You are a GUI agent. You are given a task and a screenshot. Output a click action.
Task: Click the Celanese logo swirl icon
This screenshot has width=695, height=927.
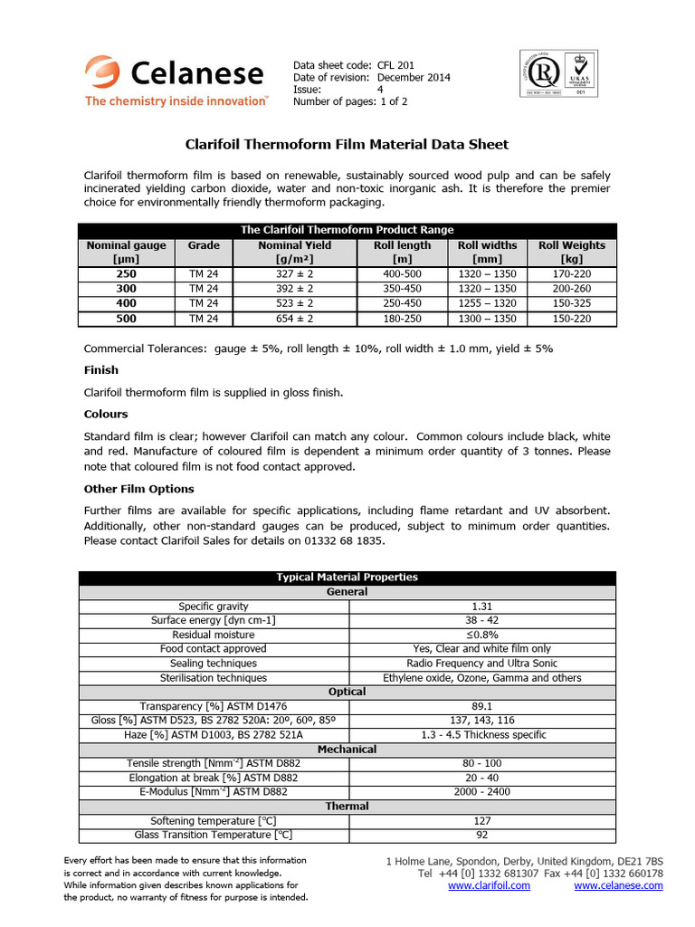coord(102,72)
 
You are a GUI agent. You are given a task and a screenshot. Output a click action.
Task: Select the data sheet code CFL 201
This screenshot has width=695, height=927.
coord(395,66)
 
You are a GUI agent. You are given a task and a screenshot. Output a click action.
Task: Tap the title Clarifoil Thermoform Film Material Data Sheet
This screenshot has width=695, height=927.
coord(347,144)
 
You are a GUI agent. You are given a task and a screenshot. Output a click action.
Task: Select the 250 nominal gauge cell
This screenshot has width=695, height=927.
coord(126,274)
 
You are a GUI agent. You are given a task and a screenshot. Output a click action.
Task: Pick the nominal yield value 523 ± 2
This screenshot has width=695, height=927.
coord(295,303)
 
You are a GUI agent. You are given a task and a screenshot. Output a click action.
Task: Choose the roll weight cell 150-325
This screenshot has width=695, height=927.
coord(572,303)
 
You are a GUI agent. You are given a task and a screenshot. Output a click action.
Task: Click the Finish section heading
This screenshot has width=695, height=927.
coord(101,370)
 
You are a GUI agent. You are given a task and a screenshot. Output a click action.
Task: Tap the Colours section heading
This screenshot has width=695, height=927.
coord(106,414)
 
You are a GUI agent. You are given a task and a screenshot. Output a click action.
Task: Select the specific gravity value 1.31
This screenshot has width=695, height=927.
coord(481,606)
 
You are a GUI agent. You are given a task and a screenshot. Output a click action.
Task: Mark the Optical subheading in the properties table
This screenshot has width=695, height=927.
coord(347,692)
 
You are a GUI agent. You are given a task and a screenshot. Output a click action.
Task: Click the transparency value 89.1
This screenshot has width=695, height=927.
coord(481,706)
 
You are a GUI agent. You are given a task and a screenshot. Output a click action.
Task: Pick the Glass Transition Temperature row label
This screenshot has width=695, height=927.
coord(214,835)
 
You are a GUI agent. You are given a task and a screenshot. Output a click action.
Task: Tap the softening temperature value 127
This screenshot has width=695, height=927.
coord(481,820)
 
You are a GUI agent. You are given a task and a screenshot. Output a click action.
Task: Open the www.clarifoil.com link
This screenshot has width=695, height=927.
coord(489,885)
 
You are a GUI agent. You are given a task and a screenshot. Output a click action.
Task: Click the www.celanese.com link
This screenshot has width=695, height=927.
coord(618,885)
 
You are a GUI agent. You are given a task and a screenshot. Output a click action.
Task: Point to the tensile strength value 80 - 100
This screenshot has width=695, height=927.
coord(481,763)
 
